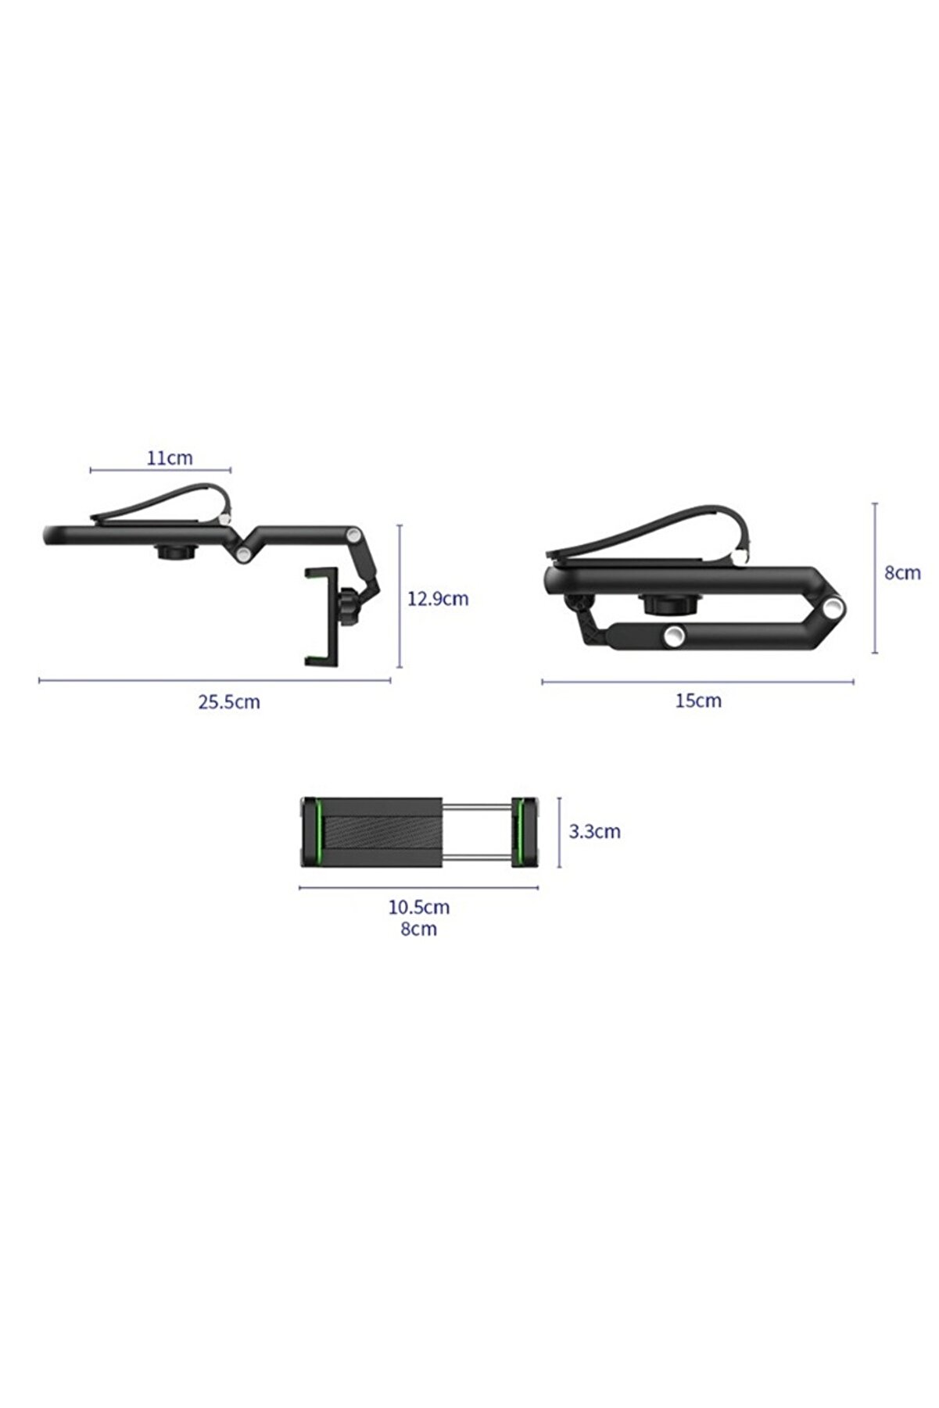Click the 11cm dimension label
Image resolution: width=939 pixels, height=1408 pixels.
click(x=170, y=457)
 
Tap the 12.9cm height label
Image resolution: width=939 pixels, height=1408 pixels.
click(x=438, y=599)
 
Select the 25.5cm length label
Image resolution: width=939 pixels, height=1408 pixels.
click(x=228, y=701)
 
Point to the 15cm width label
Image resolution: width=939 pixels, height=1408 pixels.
click(x=698, y=700)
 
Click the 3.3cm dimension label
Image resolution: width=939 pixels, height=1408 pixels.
click(x=594, y=831)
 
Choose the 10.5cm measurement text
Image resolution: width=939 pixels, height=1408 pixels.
click(x=419, y=907)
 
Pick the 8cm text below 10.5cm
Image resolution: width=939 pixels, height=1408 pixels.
click(x=419, y=929)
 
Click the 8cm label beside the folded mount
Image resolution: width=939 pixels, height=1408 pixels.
click(x=902, y=572)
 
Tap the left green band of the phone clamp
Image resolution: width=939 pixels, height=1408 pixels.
click(x=318, y=832)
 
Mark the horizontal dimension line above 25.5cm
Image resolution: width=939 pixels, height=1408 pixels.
click(x=214, y=680)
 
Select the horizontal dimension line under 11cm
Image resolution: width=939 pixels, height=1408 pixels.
click(x=160, y=470)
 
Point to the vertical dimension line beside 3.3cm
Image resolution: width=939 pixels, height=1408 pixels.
click(x=560, y=832)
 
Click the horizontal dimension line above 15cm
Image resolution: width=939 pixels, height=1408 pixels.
click(x=697, y=682)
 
